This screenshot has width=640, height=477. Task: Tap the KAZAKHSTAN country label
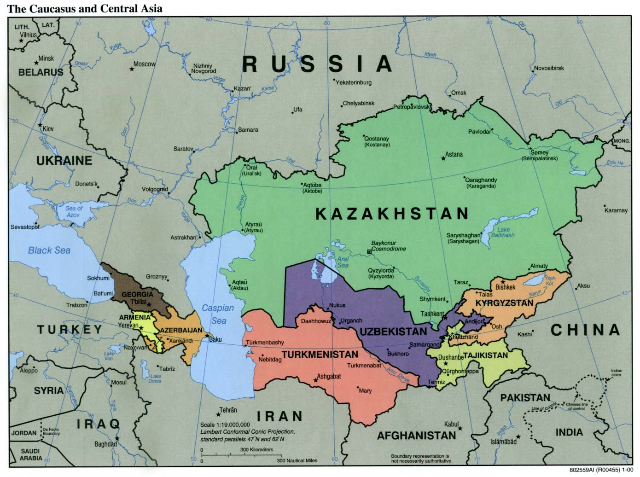[x=392, y=213]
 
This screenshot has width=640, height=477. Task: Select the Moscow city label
[x=145, y=64]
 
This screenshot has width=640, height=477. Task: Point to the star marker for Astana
[x=443, y=158]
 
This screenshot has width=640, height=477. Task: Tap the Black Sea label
[x=49, y=250]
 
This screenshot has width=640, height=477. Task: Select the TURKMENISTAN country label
[x=320, y=355]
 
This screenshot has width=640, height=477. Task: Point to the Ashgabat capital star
[x=315, y=380]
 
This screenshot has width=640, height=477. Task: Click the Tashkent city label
[x=432, y=314]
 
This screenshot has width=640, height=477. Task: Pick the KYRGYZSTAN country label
[x=504, y=302]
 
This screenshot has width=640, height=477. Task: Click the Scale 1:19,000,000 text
[x=225, y=425]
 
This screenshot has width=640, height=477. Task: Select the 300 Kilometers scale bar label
[x=256, y=450]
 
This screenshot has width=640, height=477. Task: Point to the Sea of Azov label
[x=74, y=211]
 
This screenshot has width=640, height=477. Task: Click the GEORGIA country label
[x=137, y=294]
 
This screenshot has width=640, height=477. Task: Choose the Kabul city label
[x=451, y=424]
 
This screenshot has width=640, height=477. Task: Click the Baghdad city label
[x=105, y=444]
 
